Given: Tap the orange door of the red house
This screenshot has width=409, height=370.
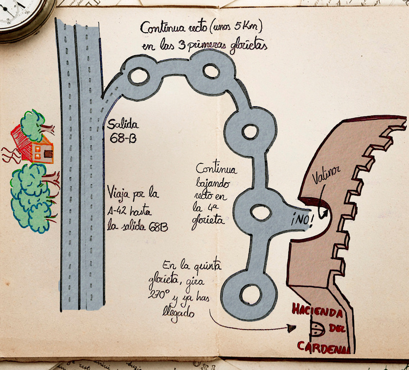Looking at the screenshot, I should [48, 152].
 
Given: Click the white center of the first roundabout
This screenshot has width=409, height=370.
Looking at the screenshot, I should [139, 76].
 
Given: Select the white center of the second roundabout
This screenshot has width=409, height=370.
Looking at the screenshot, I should [210, 72].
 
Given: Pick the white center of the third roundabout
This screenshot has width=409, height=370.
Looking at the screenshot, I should [249, 131].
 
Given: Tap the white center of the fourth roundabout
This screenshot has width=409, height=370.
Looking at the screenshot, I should [259, 211].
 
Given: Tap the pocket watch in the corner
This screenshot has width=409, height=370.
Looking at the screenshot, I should [20, 13].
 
